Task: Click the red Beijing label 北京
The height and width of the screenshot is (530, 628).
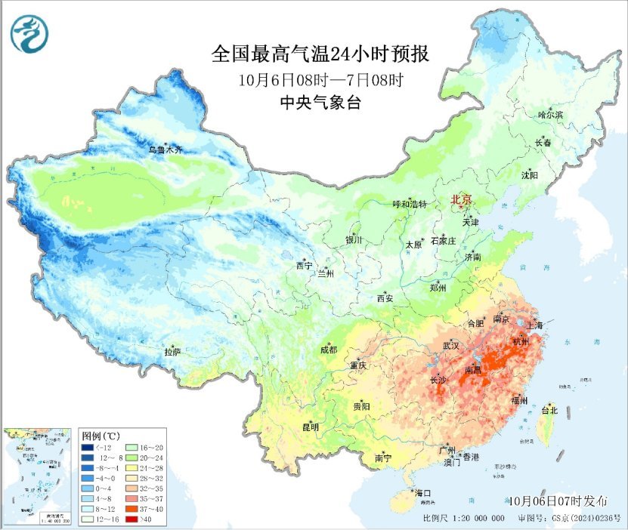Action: tap(461, 199)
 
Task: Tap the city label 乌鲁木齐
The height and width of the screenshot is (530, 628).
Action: tap(165, 150)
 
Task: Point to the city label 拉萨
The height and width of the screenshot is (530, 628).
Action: tap(172, 352)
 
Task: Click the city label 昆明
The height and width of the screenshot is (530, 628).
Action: tap(310, 427)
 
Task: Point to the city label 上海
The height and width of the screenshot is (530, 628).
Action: tap(536, 325)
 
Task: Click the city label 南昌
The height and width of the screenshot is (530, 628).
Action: tap(473, 370)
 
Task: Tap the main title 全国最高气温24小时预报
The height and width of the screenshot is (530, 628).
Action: tap(320, 55)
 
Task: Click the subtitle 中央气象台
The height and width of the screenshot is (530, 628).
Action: tap(320, 103)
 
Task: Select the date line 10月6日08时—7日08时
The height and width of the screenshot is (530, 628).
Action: tap(320, 79)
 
